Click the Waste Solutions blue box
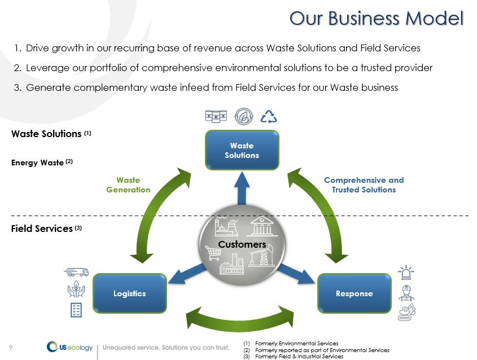click(x=242, y=150)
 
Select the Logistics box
click(x=129, y=293)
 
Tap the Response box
click(x=354, y=293)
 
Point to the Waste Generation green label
click(x=128, y=185)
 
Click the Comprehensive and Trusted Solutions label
click(x=364, y=185)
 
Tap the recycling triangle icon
click(x=269, y=116)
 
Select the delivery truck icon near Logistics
click(x=77, y=272)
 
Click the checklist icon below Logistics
click(x=76, y=310)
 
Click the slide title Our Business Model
click(x=377, y=18)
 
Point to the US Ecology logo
click(x=70, y=347)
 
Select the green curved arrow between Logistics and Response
click(x=242, y=319)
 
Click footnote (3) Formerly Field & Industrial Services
click(x=294, y=357)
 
